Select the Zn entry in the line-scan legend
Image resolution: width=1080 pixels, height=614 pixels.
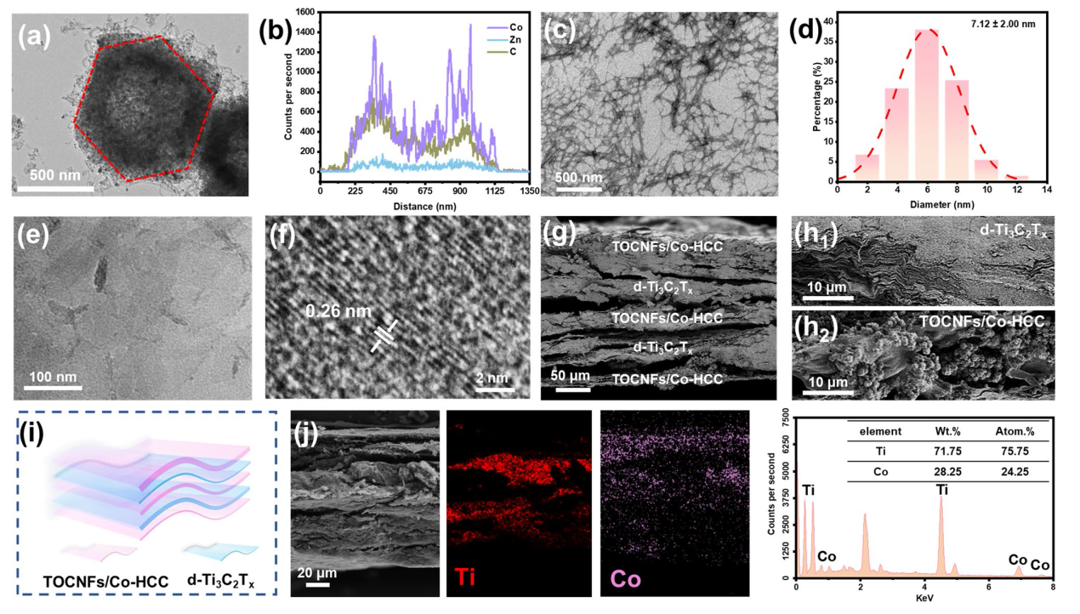tap(505, 40)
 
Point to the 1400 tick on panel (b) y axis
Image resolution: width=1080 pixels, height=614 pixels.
tap(305, 31)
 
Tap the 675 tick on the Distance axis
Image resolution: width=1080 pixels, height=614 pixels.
tap(423, 190)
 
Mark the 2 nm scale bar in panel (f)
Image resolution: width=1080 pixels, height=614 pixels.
tap(495, 391)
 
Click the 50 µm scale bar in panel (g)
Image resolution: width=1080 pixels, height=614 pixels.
tap(573, 391)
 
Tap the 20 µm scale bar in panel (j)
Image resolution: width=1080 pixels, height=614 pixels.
tap(317, 583)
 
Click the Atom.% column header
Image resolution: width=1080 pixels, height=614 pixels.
tap(1013, 431)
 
